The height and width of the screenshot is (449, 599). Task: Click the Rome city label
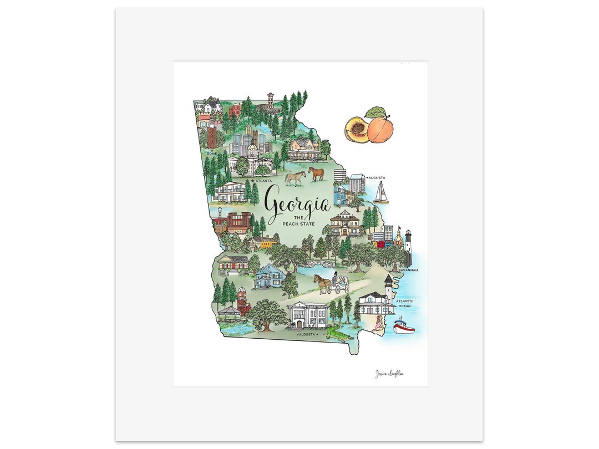click(211, 153)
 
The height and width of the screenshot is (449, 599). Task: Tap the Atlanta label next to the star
click(264, 181)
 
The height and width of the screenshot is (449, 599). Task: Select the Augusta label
click(377, 178)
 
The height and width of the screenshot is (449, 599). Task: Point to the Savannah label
click(408, 270)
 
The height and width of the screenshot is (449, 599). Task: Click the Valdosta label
click(305, 334)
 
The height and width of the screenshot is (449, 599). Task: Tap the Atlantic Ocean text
click(405, 303)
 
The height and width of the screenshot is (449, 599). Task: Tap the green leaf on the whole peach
click(375, 112)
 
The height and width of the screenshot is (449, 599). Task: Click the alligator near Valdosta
click(336, 333)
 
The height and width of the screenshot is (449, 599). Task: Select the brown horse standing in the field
click(316, 174)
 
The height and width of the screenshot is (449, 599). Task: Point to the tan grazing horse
click(296, 177)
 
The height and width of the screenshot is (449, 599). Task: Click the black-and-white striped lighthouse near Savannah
click(408, 247)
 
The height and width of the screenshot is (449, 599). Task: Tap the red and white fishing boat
click(403, 326)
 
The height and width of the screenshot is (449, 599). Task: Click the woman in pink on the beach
click(379, 325)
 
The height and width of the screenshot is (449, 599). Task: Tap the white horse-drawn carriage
click(340, 284)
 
